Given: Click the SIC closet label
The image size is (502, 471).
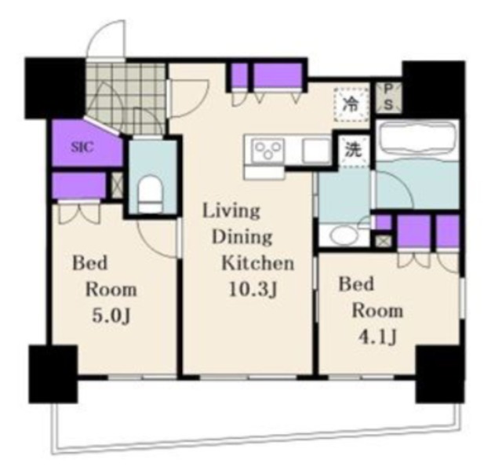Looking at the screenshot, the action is [82, 147].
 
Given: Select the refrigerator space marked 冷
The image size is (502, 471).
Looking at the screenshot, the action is [351, 104].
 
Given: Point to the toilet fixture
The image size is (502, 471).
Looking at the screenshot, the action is [150, 195].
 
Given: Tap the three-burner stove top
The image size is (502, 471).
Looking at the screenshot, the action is [268, 150].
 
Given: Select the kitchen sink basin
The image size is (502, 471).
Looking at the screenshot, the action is [316, 152].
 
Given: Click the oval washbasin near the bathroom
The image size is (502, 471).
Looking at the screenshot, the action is [344, 236].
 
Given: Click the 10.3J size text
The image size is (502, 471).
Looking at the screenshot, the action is [253, 290].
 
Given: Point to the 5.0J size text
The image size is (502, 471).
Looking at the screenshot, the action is [111, 316].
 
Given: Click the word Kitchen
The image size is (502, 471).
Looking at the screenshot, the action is [258, 264].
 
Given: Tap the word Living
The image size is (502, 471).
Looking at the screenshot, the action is [232, 211].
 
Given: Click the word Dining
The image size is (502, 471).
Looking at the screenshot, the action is [242, 237].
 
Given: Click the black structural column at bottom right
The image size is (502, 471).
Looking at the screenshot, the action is [440, 374].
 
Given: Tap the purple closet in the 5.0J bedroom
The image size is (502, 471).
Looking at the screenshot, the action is [78, 185].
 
